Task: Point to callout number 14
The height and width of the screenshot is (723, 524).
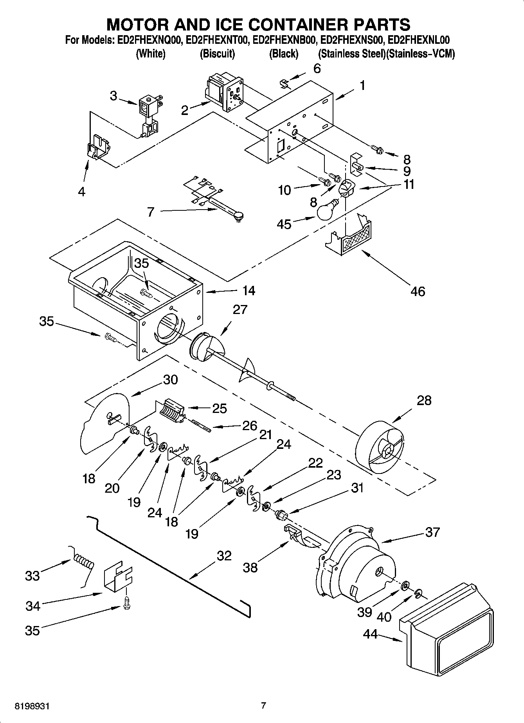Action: tap(248, 291)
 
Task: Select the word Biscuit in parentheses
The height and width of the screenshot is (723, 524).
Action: tap(217, 54)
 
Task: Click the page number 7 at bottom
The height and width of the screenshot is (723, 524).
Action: tap(263, 705)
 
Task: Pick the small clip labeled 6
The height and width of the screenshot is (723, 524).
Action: tap(285, 83)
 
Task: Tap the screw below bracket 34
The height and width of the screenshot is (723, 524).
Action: tap(126, 603)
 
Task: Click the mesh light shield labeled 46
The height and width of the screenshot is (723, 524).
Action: tap(354, 239)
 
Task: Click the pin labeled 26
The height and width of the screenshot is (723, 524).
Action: tap(202, 426)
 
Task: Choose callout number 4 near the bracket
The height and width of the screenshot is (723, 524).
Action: tap(81, 192)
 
